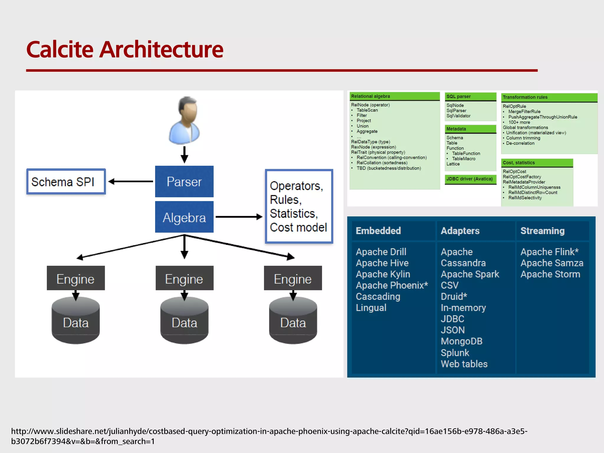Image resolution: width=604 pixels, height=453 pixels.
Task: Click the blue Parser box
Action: click(x=184, y=181)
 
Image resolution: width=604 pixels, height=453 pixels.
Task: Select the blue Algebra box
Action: click(x=184, y=217)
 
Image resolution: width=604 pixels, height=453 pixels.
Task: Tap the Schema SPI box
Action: click(x=66, y=181)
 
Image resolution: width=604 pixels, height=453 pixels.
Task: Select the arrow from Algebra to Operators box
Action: click(x=239, y=217)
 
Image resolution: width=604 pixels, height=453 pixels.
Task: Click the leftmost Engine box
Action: click(x=75, y=278)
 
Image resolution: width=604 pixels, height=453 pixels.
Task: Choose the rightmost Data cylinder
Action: click(x=293, y=321)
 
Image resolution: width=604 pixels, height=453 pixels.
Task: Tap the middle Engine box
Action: click(x=184, y=278)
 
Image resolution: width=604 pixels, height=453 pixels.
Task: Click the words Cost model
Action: click(x=298, y=227)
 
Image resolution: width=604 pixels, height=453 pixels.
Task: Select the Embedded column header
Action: click(x=378, y=231)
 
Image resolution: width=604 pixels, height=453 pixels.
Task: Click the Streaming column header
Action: click(x=542, y=231)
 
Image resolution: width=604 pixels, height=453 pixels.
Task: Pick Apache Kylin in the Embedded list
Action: click(x=383, y=274)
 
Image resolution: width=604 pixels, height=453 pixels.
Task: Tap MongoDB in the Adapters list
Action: click(x=461, y=341)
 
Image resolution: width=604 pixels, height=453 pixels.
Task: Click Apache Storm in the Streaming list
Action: click(x=550, y=274)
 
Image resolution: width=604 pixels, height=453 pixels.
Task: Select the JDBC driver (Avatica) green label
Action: click(x=470, y=179)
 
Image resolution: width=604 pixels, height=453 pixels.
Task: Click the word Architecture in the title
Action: click(x=161, y=49)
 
